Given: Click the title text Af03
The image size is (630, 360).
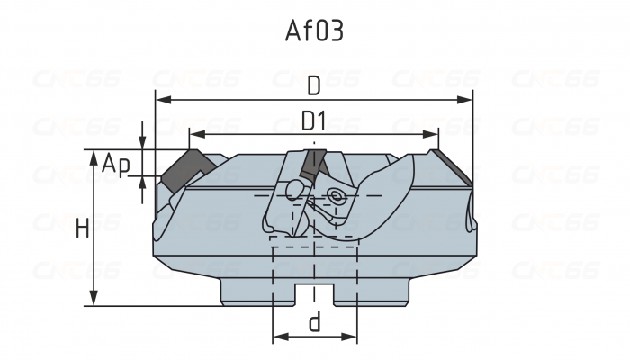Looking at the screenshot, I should click(x=314, y=31).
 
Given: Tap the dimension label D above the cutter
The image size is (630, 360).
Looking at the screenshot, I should click(x=314, y=85).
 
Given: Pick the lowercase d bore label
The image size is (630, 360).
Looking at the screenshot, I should click(x=314, y=323).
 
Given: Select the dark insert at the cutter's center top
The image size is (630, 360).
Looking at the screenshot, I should click(x=314, y=163).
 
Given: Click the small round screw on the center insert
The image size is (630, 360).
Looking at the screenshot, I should click(x=337, y=194).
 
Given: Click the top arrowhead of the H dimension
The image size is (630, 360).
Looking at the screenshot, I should click(x=94, y=156).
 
